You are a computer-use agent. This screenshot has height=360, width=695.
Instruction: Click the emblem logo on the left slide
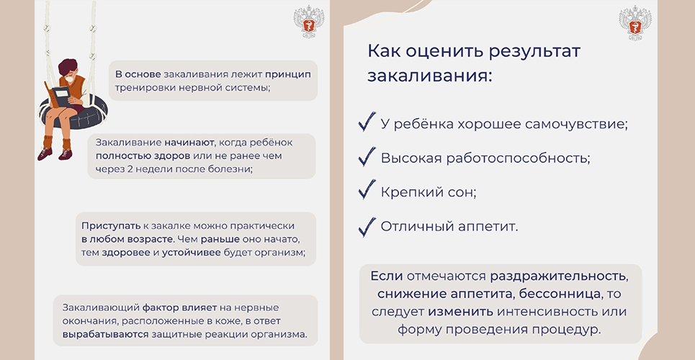[308, 21]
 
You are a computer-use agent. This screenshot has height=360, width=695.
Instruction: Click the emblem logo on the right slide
[635, 22]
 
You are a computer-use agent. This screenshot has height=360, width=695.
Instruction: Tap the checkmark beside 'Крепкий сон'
[367, 190]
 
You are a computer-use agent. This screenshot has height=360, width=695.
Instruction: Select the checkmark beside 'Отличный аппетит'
[367, 227]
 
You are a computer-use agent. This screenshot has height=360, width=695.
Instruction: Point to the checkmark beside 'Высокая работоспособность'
[367, 157]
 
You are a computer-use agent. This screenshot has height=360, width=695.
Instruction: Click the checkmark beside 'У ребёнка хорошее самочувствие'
[367, 122]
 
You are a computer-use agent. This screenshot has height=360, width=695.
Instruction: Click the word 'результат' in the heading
[534, 51]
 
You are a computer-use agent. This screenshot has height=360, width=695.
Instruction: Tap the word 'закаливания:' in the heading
[430, 76]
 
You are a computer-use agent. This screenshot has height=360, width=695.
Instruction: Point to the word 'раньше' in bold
[220, 240]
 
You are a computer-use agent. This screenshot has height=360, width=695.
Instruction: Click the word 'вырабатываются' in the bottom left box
[105, 334]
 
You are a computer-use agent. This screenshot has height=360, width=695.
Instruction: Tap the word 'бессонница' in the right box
[560, 294]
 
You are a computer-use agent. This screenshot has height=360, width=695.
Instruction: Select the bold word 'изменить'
[460, 311]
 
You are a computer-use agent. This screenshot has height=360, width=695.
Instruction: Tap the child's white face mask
[70, 80]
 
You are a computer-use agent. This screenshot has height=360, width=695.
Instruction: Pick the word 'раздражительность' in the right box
[559, 276]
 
